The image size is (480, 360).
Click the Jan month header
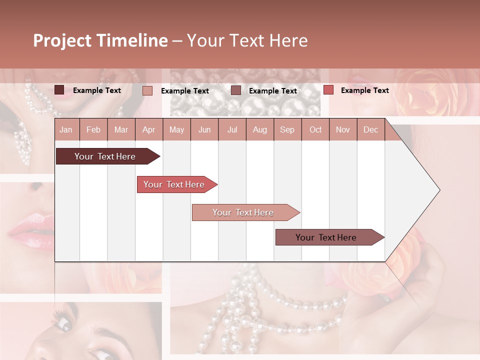pos(66,129)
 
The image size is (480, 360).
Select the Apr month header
pos(148,129)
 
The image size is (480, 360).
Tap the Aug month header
pos(259,129)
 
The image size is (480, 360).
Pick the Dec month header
pos(370,129)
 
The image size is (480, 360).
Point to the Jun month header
pos(204,129)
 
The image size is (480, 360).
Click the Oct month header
pos(315,129)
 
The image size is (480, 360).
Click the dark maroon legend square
pos(59,90)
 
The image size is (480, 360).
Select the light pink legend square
pos(147,90)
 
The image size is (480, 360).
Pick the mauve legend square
pos(236,90)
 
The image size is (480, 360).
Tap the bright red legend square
pos(328,90)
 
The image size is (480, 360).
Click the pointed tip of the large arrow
pos(439,190)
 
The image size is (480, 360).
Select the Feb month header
pos(93,129)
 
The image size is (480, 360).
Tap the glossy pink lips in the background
pos(30,228)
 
